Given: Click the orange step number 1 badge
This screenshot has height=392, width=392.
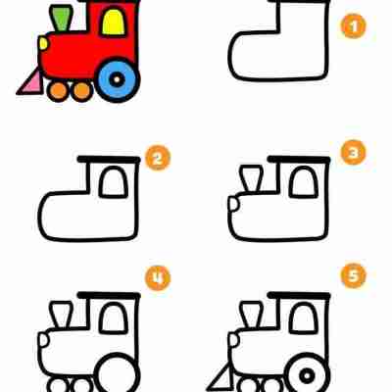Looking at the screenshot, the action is click(x=354, y=26).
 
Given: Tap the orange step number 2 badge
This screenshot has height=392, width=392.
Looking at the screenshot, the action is click(x=158, y=159).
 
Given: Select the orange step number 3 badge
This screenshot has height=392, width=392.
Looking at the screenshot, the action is click(x=354, y=152).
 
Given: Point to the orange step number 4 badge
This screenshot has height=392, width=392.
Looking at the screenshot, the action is click(x=158, y=278).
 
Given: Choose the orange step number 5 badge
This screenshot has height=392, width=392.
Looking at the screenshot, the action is click(x=354, y=276).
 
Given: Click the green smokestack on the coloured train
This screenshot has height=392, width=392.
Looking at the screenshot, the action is click(x=61, y=18).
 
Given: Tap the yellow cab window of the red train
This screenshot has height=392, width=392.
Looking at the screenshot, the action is click(x=114, y=22).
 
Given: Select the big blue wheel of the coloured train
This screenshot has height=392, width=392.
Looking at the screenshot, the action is click(x=117, y=79).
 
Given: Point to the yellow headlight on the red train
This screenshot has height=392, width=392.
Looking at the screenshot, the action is click(x=43, y=43).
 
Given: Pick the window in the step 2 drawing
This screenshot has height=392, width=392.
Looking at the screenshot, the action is click(x=114, y=182).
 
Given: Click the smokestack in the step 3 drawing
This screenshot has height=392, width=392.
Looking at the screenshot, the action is click(x=251, y=178).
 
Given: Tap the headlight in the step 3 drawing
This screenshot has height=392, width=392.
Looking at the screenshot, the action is click(x=234, y=204).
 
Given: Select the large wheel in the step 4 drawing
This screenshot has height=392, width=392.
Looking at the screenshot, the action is click(x=117, y=372).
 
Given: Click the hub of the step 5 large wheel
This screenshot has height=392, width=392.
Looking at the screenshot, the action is click(x=307, y=376).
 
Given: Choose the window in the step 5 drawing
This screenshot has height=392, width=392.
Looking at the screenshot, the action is click(x=304, y=318).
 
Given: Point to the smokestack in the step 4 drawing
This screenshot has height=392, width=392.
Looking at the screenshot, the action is click(x=61, y=315).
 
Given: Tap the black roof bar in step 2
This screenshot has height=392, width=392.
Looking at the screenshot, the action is click(x=109, y=160).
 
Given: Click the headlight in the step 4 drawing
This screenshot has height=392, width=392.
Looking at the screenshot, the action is click(x=43, y=340).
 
